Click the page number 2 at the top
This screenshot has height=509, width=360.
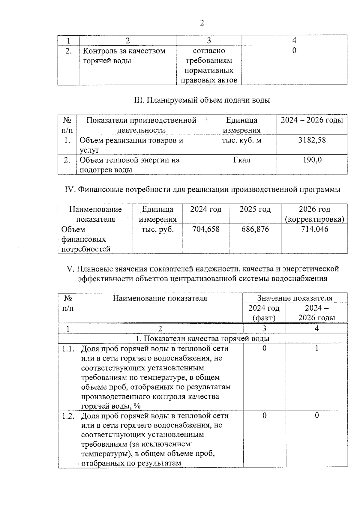click(202, 23)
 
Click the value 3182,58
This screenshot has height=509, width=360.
click(312, 140)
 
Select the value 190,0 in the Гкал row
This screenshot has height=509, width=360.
click(312, 160)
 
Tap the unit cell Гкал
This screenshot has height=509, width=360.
click(241, 160)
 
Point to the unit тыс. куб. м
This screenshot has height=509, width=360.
click(241, 140)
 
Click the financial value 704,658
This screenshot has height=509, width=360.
click(206, 229)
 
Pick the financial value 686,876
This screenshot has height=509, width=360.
click(255, 229)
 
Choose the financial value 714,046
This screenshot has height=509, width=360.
click(314, 229)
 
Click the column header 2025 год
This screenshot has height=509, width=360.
click(255, 209)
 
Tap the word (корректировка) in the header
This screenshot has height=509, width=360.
click(314, 219)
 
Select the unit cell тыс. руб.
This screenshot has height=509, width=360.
click(157, 229)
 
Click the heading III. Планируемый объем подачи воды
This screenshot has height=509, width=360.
click(202, 100)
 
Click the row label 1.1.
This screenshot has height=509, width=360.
click(68, 349)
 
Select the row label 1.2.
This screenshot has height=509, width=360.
click(68, 416)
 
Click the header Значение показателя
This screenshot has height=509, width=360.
click(295, 298)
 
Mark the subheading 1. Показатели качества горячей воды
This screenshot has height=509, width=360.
click(202, 338)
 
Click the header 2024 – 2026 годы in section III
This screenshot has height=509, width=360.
click(312, 120)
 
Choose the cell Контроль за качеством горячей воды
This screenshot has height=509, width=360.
click(124, 55)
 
